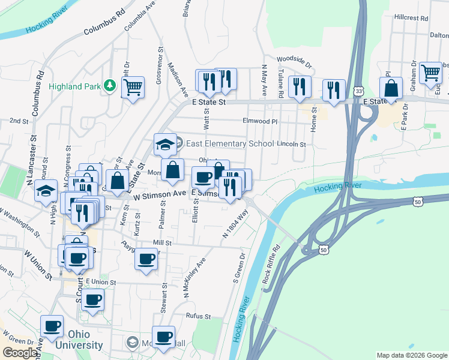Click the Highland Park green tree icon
coord(109,86)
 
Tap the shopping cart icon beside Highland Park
coord(133,88)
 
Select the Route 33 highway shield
coord(358,91)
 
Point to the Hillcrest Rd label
coord(411,18)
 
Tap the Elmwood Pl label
coord(260,121)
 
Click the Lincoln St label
coord(292,145)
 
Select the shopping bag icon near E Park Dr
coord(391,88)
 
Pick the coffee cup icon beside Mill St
coord(147,259)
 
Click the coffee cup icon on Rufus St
coord(164,336)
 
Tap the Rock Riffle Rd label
coord(272,264)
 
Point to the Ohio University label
coord(79,339)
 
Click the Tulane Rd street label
coord(280,82)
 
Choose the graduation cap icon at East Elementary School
coord(165,144)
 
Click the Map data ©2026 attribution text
coord(412,355)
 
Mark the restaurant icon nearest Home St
coord(333,89)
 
